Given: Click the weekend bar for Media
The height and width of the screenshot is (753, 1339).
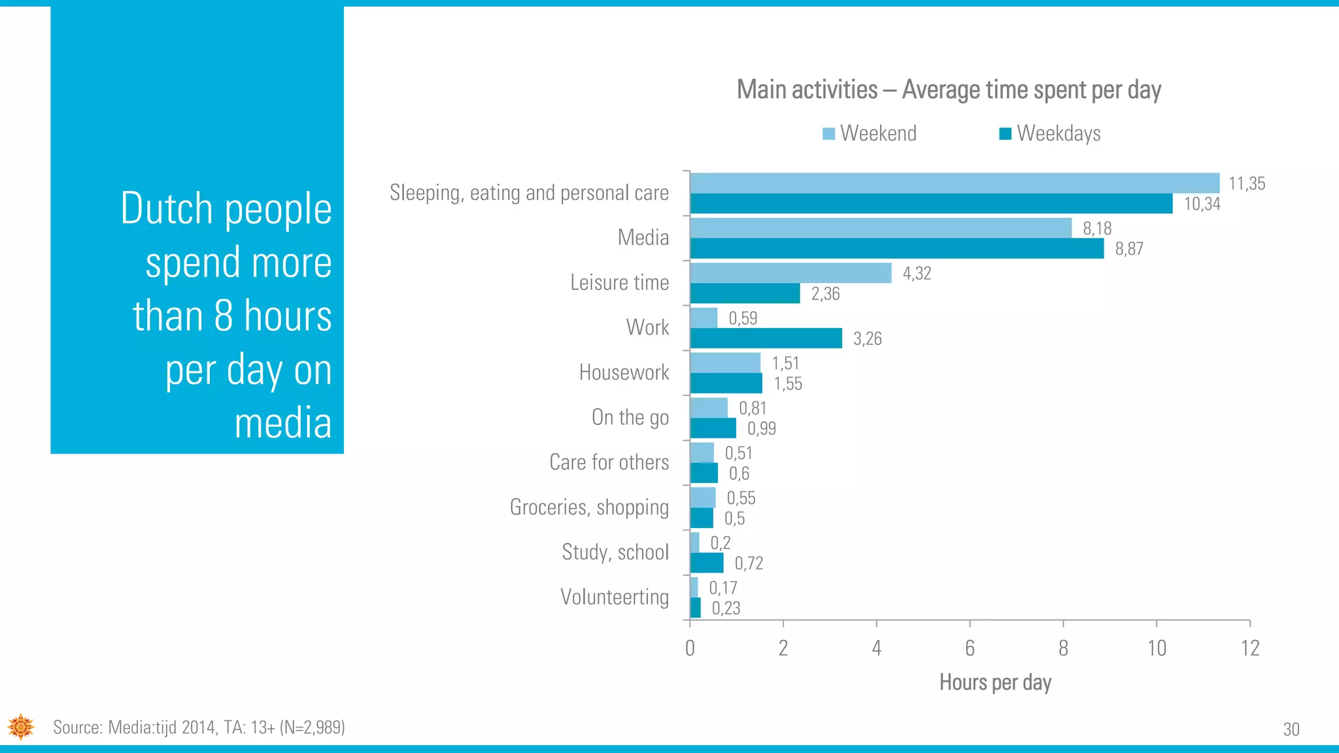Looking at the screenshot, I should [881, 228].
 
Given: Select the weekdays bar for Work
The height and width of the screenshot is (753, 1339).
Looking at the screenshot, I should [766, 339].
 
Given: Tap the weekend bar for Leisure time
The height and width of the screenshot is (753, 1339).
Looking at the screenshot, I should [790, 273].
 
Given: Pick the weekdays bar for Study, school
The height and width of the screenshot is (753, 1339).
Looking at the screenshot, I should [707, 563].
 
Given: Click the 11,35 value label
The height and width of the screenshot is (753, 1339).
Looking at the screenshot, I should [1247, 184].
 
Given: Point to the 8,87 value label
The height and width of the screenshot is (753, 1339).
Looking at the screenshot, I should [1129, 249].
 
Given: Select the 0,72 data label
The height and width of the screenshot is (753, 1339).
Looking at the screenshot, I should [749, 563].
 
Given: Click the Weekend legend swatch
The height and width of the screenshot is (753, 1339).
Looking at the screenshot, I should [828, 134].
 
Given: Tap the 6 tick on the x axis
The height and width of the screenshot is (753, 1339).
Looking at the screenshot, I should [970, 648].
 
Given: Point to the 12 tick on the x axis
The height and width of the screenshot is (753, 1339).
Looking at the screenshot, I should [1249, 648].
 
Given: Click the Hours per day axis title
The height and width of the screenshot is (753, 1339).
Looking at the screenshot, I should [995, 682].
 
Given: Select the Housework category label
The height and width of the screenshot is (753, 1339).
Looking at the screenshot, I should [624, 373].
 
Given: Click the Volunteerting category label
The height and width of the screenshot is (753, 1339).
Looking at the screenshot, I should [615, 597].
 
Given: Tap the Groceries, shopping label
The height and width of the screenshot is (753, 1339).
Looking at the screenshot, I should [589, 507].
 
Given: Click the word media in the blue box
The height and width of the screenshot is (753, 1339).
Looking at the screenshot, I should [283, 423].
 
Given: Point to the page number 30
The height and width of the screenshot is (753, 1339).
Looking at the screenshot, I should [1291, 729].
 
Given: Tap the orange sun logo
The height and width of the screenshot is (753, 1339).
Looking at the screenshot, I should [21, 727].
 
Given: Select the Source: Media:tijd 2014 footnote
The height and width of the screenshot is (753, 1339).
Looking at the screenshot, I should [199, 728].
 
